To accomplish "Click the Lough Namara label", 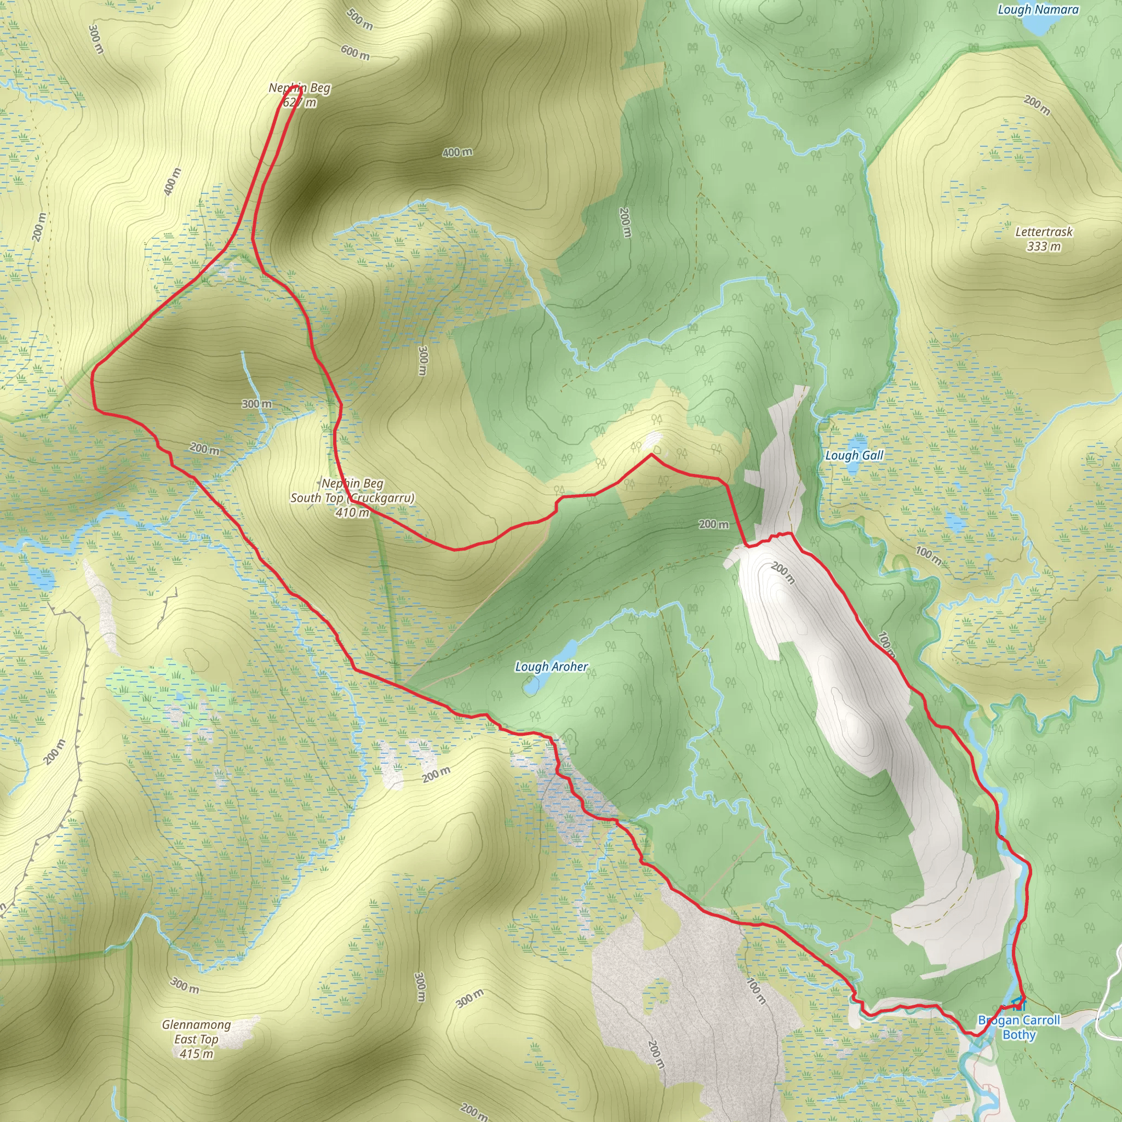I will pyautogui.click(x=1038, y=9).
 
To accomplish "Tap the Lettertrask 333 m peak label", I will pyautogui.click(x=1044, y=239).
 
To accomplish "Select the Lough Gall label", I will pyautogui.click(x=854, y=455).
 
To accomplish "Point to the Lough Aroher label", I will pyautogui.click(x=551, y=667).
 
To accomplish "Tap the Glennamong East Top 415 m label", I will pyautogui.click(x=196, y=1039).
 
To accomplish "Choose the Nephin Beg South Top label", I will pyautogui.click(x=352, y=497).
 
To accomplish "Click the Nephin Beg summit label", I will pyautogui.click(x=300, y=95).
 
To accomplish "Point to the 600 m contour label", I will pyautogui.click(x=355, y=53).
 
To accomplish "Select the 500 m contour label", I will pyautogui.click(x=359, y=19).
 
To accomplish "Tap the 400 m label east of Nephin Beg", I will pyautogui.click(x=457, y=152).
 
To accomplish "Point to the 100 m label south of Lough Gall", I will pyautogui.click(x=928, y=555).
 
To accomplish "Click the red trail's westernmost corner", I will pyautogui.click(x=93, y=377).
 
